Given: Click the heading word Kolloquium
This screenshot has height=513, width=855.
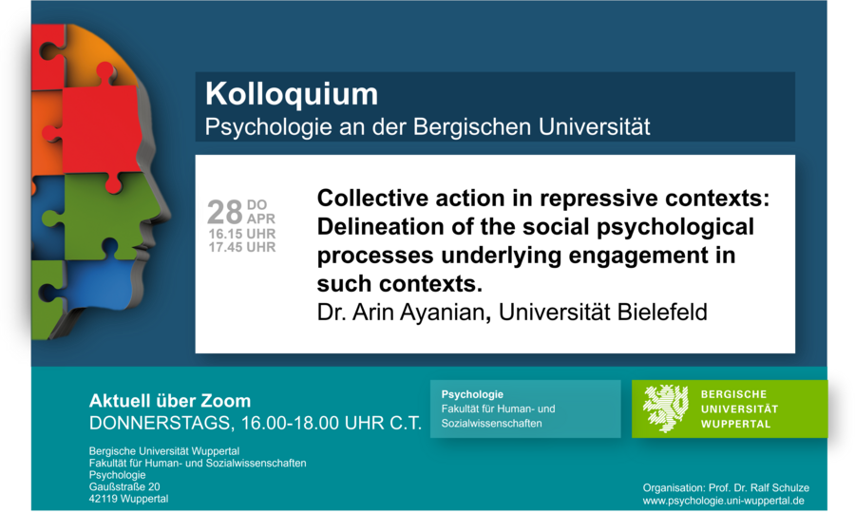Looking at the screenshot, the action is [292, 94].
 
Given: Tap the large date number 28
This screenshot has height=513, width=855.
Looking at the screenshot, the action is [224, 212].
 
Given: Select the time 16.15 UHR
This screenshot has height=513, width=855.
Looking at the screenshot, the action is [241, 234].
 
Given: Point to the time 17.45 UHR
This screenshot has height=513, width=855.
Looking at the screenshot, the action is [241, 248].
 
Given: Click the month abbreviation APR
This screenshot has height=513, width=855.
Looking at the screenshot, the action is [261, 219].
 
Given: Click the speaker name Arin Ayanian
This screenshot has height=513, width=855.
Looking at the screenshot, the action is [418, 313].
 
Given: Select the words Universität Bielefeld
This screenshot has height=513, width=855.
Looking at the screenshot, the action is [603, 313].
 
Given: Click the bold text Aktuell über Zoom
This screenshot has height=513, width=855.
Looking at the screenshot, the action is [170, 401].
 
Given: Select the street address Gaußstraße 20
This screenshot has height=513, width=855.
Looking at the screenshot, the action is [124, 486].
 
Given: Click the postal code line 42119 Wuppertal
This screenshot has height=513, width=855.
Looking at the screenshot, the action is [128, 499].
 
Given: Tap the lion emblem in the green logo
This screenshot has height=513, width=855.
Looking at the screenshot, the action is [665, 408].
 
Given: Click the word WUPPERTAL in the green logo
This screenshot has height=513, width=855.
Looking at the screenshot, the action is [735, 424].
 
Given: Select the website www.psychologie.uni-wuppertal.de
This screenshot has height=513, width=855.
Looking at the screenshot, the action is [724, 501].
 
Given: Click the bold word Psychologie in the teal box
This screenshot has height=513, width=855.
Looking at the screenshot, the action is [472, 394].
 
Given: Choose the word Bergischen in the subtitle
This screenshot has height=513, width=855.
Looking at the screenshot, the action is [471, 127].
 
